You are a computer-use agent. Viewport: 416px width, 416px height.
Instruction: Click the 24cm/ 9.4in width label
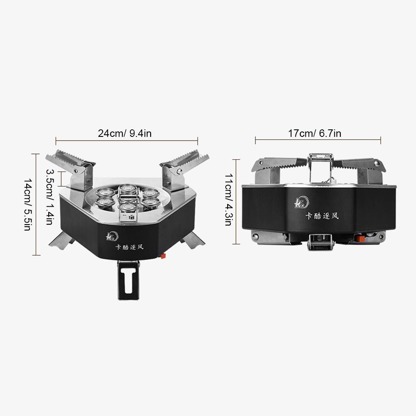pos(125,133)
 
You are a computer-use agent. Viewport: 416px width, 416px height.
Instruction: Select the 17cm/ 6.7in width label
pos(314,133)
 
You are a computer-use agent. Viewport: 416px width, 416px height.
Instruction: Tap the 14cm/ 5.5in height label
pos(28,205)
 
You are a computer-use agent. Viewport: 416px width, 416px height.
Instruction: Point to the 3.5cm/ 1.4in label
pos(50,197)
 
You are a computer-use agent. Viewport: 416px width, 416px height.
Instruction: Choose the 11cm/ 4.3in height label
pos(229,200)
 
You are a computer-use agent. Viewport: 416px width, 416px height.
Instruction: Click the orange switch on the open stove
pos(163,256)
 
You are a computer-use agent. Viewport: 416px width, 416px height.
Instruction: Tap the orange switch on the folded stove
pos(360,238)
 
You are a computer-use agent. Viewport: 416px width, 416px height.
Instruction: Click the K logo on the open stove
pos(112,236)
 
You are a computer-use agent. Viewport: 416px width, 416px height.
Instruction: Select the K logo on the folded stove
pos(302,203)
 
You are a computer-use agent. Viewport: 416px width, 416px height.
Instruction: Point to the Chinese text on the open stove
pos(129,247)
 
